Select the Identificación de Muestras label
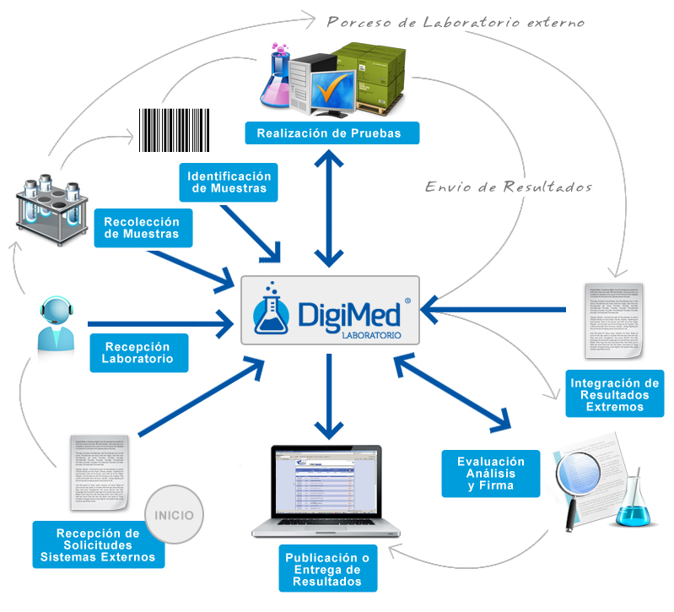click(x=229, y=181)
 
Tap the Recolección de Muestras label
click(x=141, y=228)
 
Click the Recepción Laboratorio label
click(x=137, y=353)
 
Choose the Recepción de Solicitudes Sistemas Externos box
click(x=98, y=545)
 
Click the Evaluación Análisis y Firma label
click(x=491, y=474)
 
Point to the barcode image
click(x=174, y=129)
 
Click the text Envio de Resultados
click(x=509, y=187)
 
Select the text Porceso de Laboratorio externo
click(x=455, y=22)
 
